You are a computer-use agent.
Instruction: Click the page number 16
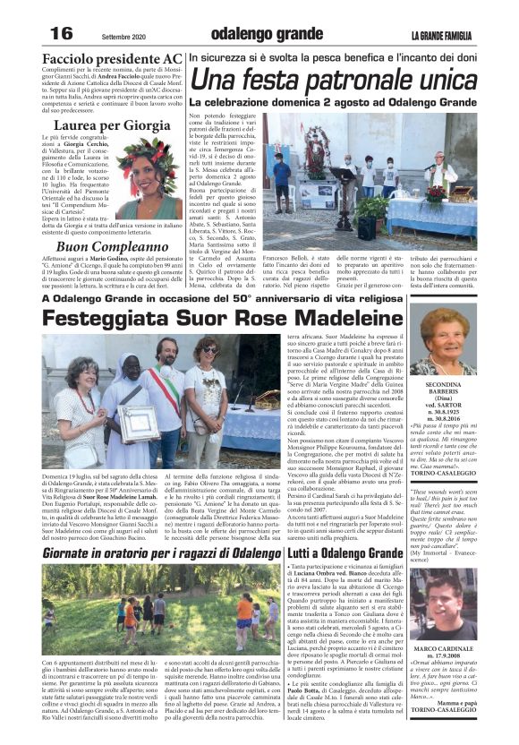[x=60, y=32]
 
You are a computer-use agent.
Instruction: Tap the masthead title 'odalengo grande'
[x=259, y=33]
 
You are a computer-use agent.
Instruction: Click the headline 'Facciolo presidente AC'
[x=112, y=58]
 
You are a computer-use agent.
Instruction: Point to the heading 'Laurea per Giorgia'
[x=112, y=125]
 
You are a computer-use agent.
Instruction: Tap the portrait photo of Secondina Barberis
[x=443, y=339]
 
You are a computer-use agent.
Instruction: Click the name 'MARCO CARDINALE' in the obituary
[x=443, y=648]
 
